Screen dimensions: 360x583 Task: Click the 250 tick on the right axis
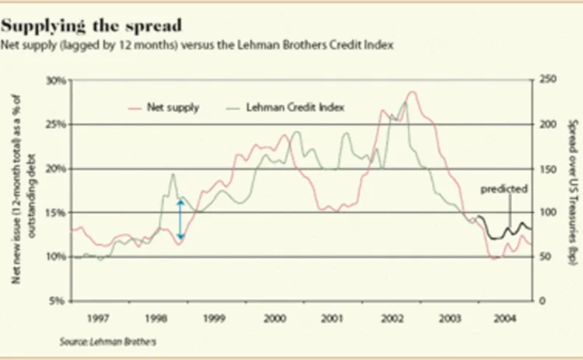click(547, 80)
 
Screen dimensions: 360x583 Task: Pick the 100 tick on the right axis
click(547, 212)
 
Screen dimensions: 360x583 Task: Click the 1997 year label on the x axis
click(98, 318)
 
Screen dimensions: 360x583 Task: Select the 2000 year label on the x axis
click(273, 318)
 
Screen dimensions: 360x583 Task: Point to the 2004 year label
click(504, 318)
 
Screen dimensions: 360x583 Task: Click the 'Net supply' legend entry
click(173, 107)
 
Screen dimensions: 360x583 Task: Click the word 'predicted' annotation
click(504, 189)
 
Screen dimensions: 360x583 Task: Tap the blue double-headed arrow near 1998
click(180, 219)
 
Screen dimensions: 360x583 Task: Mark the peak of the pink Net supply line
click(412, 92)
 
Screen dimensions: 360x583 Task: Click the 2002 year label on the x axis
click(390, 318)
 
